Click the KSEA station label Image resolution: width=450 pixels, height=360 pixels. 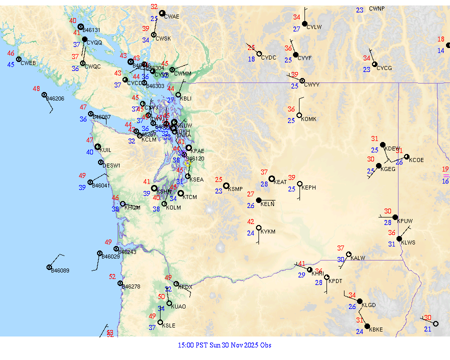[196, 179]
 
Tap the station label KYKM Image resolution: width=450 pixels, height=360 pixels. [268, 231]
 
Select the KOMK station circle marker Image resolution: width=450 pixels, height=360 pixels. [299, 115]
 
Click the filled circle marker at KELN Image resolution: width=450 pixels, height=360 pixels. [258, 200]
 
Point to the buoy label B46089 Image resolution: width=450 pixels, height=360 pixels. [60, 270]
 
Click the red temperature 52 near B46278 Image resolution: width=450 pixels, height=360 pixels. [112, 276]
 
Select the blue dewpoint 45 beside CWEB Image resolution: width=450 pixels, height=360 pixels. [10, 64]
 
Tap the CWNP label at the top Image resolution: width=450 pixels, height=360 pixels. [377, 8]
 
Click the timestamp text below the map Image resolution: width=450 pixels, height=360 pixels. [224, 345]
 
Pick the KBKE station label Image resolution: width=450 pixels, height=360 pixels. [375, 329]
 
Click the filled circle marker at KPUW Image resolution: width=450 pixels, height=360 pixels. [395, 217]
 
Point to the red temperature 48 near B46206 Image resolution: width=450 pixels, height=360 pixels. [36, 88]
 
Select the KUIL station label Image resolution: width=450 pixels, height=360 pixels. [105, 150]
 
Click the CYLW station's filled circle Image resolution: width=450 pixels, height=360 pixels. [304, 23]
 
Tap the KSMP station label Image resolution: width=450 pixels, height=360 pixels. [235, 189]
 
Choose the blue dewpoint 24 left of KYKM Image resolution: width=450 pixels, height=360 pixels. [250, 233]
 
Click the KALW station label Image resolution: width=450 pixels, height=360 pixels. [358, 258]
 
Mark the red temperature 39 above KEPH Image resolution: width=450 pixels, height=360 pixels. [292, 177]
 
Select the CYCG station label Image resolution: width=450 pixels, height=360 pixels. [384, 68]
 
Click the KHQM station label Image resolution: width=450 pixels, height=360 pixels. [132, 207]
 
